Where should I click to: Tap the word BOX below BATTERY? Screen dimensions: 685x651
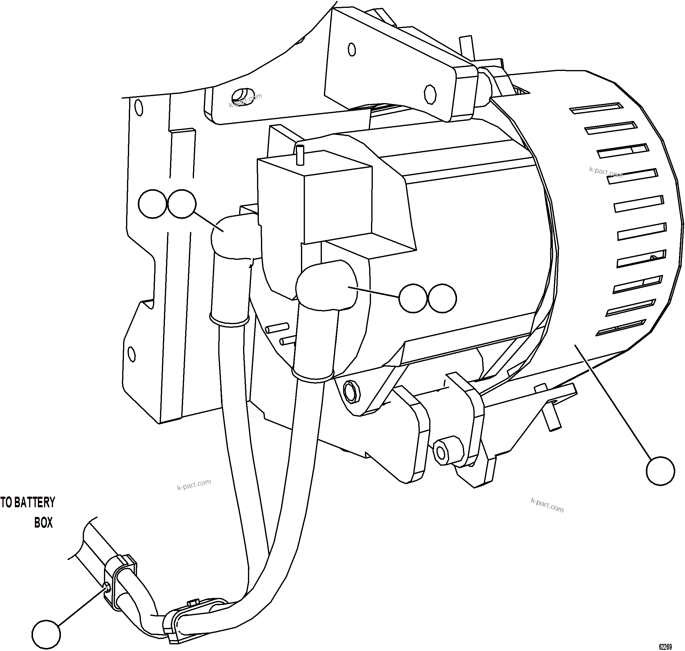43,523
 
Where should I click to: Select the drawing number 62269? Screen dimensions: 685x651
665,646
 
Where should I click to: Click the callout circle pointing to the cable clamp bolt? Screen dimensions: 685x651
46,634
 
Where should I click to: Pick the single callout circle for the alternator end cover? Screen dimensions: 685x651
660,471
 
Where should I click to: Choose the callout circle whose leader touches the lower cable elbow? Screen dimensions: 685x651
413,298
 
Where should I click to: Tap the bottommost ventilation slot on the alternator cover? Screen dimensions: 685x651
620,327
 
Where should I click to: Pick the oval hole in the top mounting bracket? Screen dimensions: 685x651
352,50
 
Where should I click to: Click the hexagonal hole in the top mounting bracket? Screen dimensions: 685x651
430,94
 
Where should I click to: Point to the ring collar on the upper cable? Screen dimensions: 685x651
230,320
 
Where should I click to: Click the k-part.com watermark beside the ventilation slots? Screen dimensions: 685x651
606,172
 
